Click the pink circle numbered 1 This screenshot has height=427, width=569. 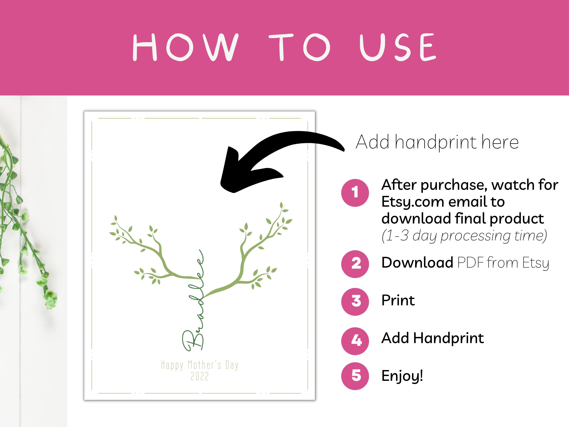click(355, 193)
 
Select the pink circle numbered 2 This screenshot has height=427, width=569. click(355, 264)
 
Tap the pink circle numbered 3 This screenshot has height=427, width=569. click(355, 301)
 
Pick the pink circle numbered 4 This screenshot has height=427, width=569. click(355, 341)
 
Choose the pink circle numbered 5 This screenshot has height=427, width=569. click(355, 376)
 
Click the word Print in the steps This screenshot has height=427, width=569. click(398, 300)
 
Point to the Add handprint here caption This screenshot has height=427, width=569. click(437, 142)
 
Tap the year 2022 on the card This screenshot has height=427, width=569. click(200, 377)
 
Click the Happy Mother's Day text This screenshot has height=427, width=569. click(200, 365)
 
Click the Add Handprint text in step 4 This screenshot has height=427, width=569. click(432, 338)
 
